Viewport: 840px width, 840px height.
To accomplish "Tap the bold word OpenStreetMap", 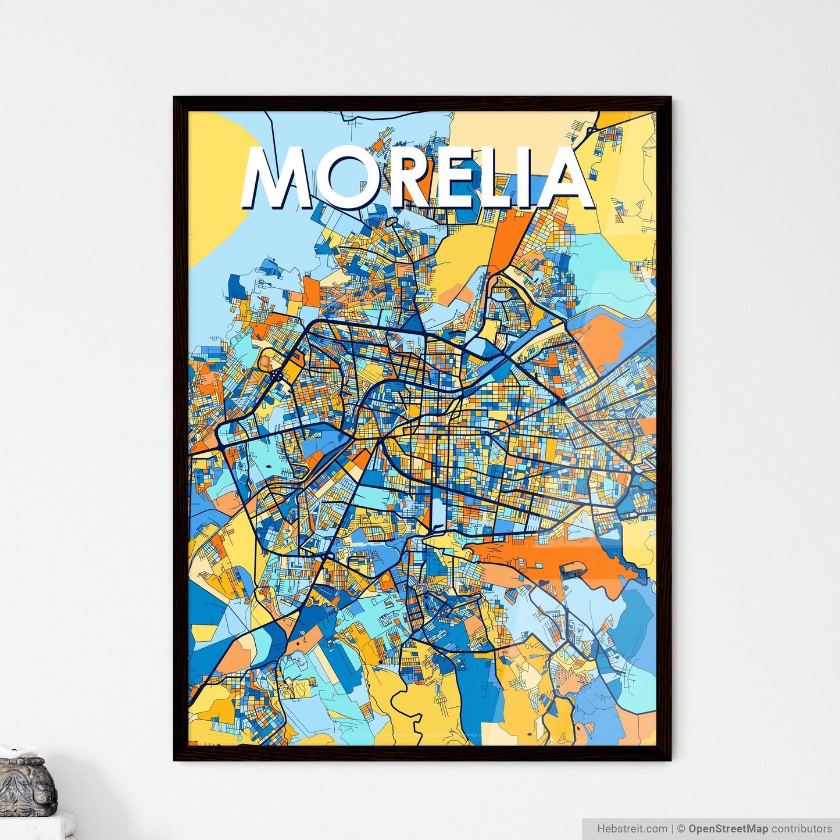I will pyautogui.click(x=728, y=828).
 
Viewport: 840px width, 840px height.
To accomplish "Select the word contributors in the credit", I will pyautogui.click(x=802, y=828).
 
